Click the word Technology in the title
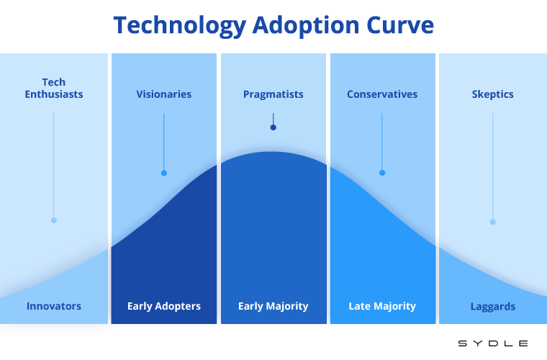180,26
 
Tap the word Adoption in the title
306,26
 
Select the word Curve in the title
399,25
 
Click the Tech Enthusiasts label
54,88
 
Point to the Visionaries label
164,94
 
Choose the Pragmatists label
273,94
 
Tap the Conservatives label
382,94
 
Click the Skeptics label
492,94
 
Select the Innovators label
54,306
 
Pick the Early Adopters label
164,306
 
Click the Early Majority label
273,306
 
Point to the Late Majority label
382,306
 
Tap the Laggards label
493,307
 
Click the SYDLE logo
493,343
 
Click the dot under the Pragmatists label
273,127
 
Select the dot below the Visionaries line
164,173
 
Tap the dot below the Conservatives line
382,173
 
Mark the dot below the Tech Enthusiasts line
54,220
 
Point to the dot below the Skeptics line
493,222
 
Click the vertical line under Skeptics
493,166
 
